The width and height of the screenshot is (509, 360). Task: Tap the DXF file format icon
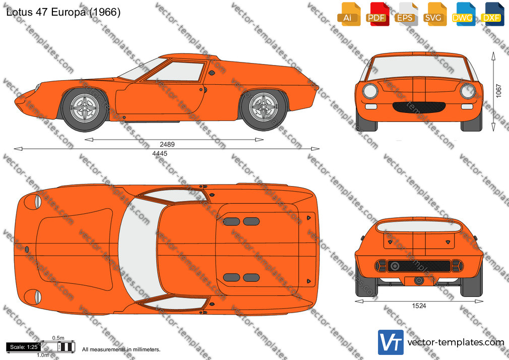click(492, 14)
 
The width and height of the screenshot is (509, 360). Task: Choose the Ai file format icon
click(349, 14)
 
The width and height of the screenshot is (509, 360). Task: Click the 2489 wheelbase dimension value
click(167, 144)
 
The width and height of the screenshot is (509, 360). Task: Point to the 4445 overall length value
click(160, 153)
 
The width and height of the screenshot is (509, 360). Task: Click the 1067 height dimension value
click(498, 91)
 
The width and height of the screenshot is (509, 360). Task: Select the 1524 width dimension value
click(419, 306)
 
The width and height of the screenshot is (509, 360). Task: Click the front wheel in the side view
click(85, 109)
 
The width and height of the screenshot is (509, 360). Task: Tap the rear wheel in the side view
click(263, 109)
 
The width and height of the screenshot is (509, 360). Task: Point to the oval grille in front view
click(419, 106)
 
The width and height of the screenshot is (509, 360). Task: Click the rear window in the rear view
click(419, 226)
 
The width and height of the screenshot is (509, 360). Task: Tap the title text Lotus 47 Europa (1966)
click(63, 12)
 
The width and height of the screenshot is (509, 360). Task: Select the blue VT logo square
click(391, 342)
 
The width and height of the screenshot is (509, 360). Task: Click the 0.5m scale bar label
click(58, 338)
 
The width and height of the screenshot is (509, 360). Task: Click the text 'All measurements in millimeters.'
click(121, 349)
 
